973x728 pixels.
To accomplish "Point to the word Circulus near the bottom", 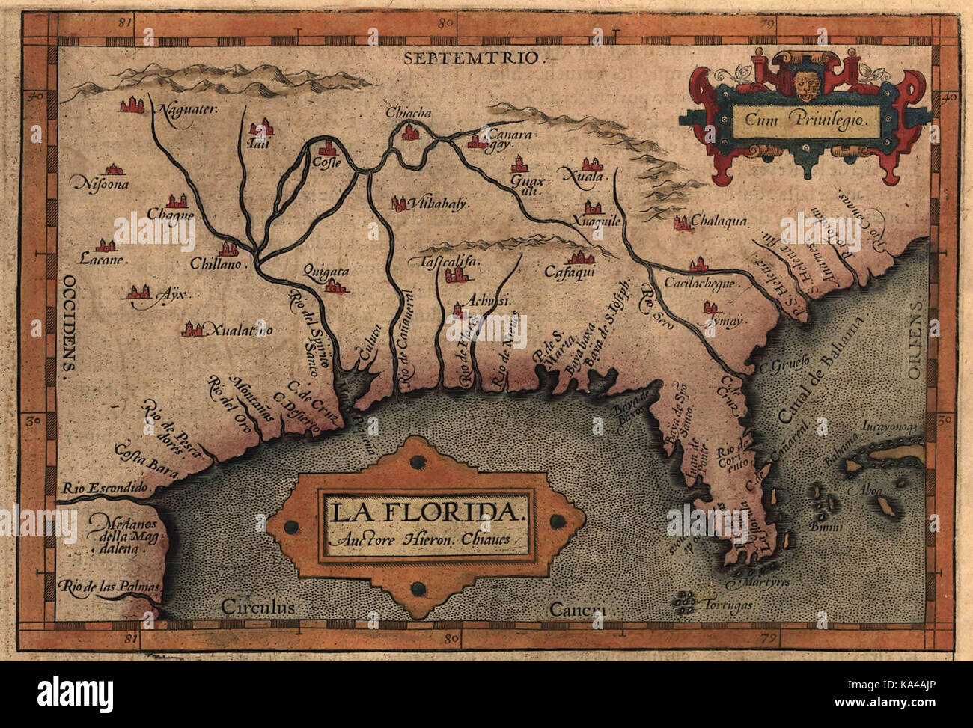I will [x=259, y=606].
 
